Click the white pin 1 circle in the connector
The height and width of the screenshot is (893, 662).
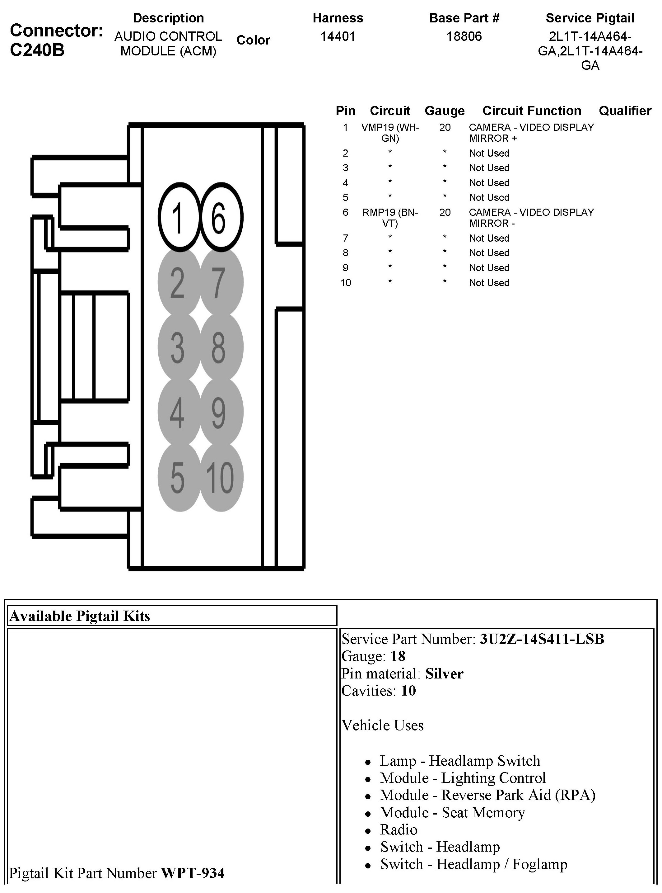pyautogui.click(x=179, y=217)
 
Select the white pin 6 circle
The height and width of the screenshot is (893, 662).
pyautogui.click(x=220, y=217)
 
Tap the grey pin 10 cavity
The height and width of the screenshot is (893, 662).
pyautogui.click(x=220, y=477)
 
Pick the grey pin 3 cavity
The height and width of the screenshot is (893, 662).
pyautogui.click(x=179, y=347)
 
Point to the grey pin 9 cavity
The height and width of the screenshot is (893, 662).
pyautogui.click(x=220, y=412)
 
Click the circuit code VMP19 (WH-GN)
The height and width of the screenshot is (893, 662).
pyautogui.click(x=390, y=133)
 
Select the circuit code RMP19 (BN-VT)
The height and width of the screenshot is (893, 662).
pyautogui.click(x=390, y=217)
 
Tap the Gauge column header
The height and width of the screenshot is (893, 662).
pyautogui.click(x=445, y=111)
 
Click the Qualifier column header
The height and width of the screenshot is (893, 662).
pyautogui.click(x=625, y=111)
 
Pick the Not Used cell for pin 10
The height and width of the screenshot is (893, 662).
pyautogui.click(x=489, y=283)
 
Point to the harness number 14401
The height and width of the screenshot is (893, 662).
pyautogui.click(x=338, y=36)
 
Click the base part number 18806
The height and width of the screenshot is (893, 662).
pyautogui.click(x=464, y=36)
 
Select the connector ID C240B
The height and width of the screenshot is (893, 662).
pyautogui.click(x=37, y=50)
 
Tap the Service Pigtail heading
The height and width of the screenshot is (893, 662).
pyautogui.click(x=590, y=18)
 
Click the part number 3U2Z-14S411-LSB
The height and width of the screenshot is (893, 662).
pyautogui.click(x=542, y=639)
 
